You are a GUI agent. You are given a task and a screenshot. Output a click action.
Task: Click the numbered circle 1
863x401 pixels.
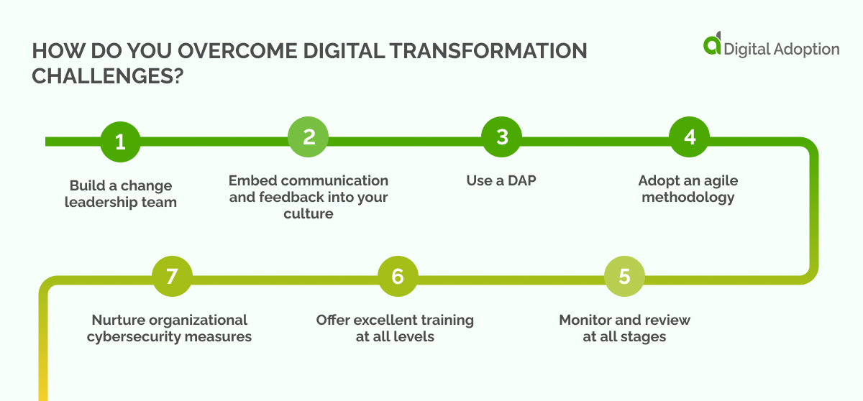point(120,142)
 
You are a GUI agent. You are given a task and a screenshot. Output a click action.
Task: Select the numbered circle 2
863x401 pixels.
point(309,137)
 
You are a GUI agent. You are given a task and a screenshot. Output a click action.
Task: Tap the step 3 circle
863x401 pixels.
point(502,137)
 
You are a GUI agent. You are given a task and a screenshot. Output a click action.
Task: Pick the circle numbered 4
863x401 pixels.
point(690,137)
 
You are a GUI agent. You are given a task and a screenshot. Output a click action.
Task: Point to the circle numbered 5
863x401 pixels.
point(624,277)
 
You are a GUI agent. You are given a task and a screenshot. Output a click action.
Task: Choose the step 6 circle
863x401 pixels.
point(398,277)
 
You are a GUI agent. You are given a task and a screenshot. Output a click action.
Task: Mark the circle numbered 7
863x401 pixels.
point(172,277)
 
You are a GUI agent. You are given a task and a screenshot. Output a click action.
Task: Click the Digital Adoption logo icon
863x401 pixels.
point(712,44)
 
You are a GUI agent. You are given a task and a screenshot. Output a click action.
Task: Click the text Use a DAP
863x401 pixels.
point(501,180)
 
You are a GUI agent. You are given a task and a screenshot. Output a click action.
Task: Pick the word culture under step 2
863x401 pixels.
point(309,213)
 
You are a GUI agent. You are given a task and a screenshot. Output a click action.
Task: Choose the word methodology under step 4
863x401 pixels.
point(689,197)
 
